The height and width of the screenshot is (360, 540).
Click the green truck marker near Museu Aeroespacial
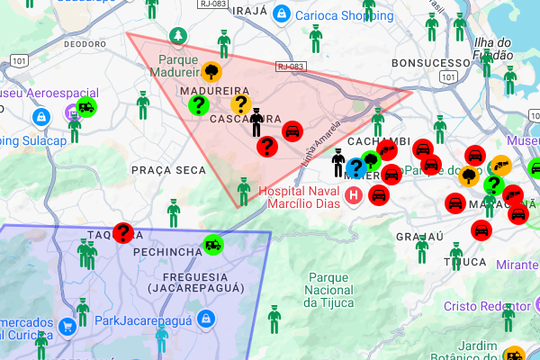(87, 107)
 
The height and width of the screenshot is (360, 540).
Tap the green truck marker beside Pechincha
(214, 243)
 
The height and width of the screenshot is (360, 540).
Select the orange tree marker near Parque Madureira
(211, 71)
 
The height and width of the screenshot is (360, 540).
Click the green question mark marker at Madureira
(198, 105)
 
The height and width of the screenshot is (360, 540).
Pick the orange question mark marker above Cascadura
(240, 104)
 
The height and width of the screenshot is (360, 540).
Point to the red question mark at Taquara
(123, 233)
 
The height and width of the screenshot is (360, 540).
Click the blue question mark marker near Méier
(355, 166)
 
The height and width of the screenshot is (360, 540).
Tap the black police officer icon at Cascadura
(257, 122)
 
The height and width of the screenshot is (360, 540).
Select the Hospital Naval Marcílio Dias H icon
(355, 194)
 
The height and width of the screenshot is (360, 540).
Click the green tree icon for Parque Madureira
(179, 34)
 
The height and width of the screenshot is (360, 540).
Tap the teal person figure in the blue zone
(161, 336)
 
